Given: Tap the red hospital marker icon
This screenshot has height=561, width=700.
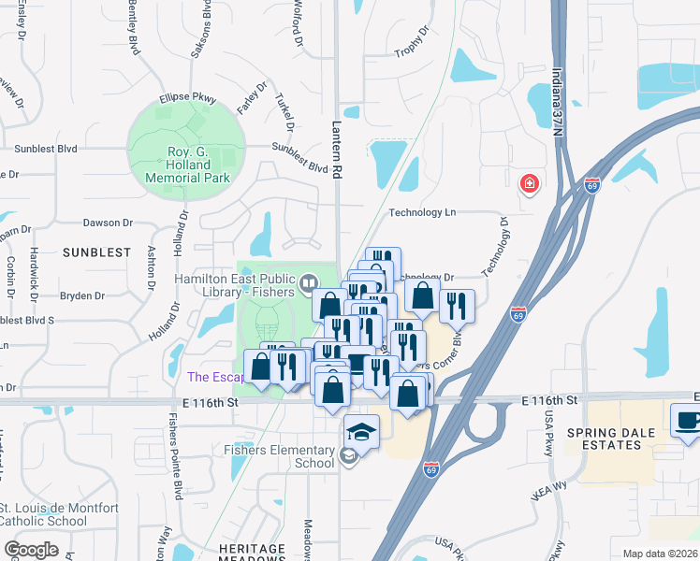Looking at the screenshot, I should pos(531,182).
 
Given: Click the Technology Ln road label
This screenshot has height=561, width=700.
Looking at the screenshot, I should pos(422,212).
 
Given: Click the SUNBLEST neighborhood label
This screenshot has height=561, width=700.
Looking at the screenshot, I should pos(96,252).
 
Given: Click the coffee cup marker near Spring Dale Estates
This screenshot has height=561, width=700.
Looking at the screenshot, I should pos(688,419).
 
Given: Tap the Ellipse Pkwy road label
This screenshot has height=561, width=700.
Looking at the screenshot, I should pos(188,96).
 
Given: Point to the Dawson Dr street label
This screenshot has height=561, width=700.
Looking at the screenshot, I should pos(108,223).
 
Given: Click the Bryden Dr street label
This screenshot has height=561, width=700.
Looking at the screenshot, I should pos(82,295).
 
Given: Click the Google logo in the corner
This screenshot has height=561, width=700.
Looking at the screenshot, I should pos(31,550).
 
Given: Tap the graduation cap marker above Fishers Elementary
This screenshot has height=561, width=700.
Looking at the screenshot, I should pos(360,431).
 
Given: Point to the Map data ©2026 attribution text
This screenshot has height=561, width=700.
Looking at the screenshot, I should pos(659,554).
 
